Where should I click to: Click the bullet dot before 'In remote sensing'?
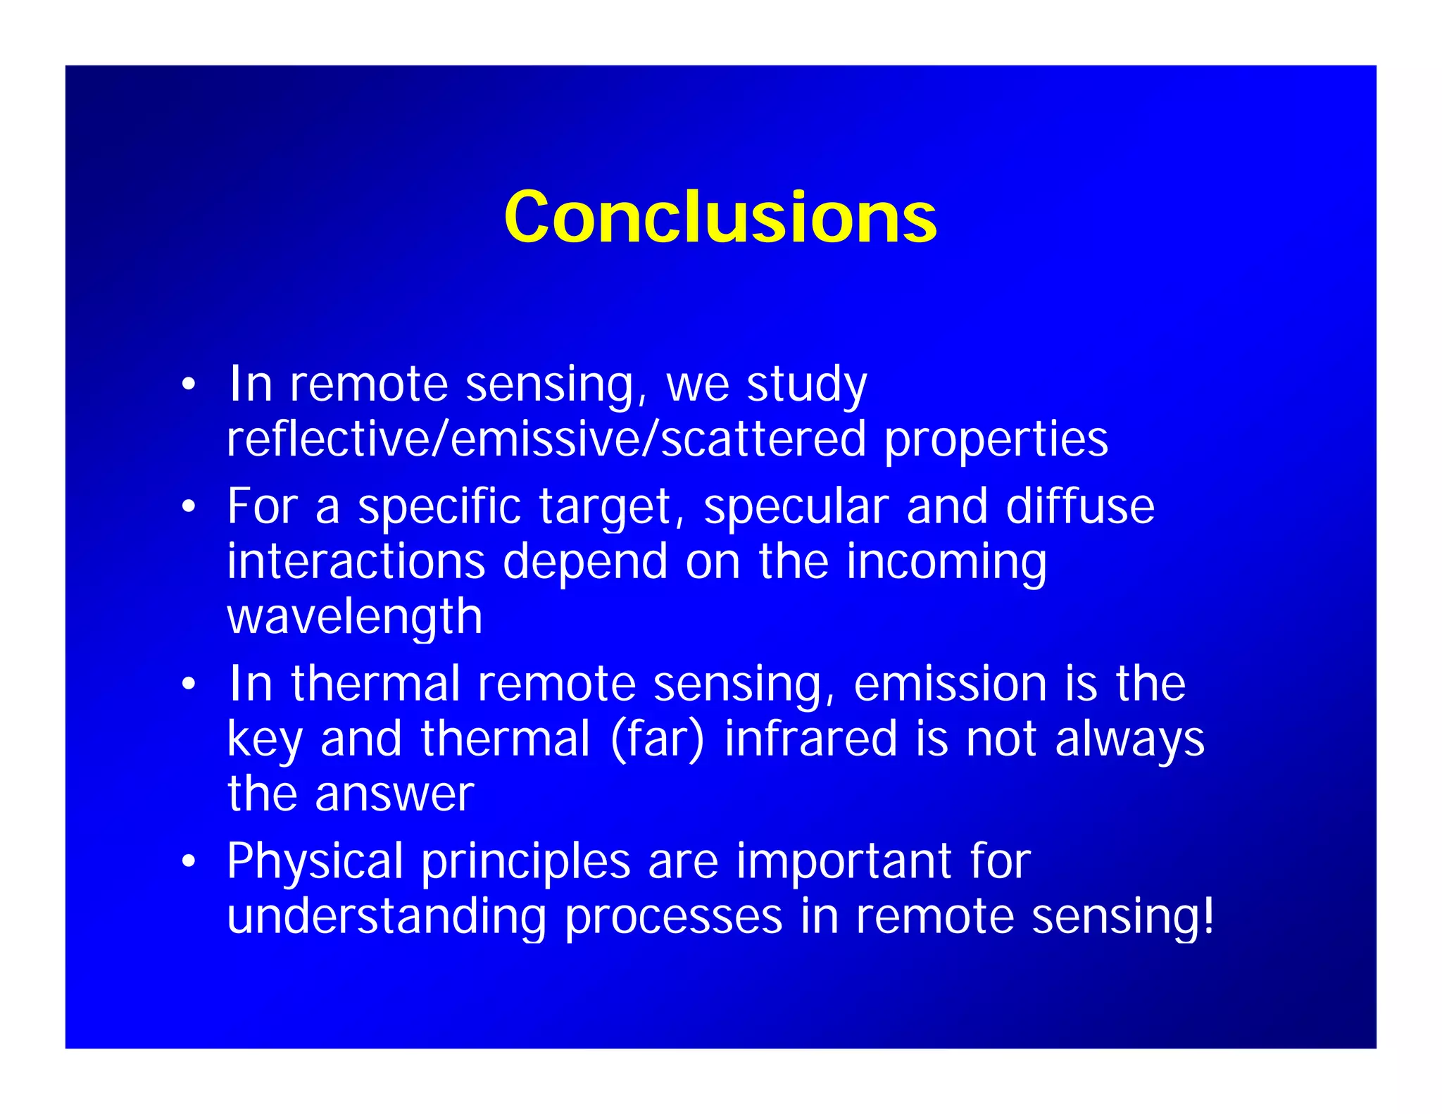point(187,384)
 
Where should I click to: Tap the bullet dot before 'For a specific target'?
point(187,506)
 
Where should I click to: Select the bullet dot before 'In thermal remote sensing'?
point(187,684)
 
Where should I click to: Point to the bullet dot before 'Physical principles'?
point(187,860)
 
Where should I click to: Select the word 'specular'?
point(796,508)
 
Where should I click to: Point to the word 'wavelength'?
point(354,617)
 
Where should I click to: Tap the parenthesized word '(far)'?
point(657,739)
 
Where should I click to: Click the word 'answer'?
point(394,794)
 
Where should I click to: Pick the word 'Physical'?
point(315,862)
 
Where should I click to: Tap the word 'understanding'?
point(387,917)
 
